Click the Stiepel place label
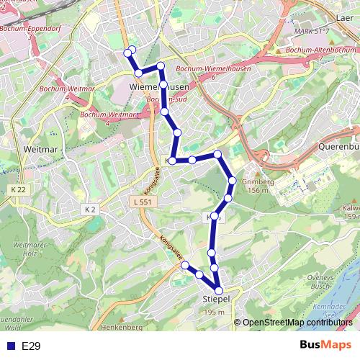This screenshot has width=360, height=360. point(215,298)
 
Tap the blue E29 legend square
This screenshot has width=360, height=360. point(9,346)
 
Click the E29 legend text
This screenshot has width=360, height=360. point(30,346)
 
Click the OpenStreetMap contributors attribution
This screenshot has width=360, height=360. point(297,323)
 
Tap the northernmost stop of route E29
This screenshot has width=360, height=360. point(130,50)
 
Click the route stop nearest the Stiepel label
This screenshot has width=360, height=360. point(219,290)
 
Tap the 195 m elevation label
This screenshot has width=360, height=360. point(215,312)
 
